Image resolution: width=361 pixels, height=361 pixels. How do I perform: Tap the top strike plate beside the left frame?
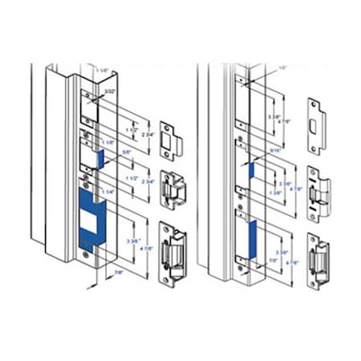[171, 136]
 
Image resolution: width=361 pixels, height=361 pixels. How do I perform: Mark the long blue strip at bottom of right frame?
[250, 240]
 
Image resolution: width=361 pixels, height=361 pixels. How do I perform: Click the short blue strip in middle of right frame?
[249, 169]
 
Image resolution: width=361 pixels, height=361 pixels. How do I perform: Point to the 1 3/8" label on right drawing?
[277, 193]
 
